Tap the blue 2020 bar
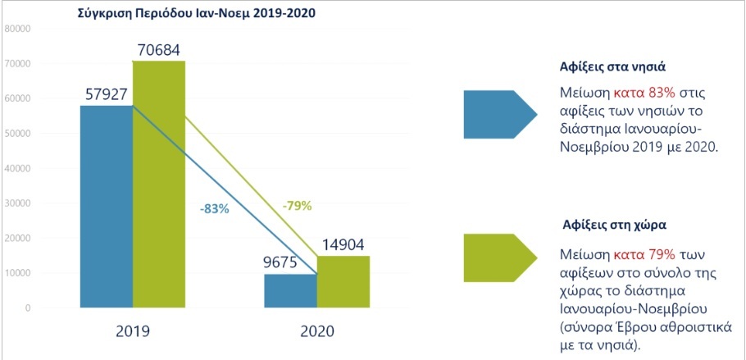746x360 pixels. click(291, 291)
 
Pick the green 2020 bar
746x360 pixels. click(342, 282)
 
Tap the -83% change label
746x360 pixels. click(214, 209)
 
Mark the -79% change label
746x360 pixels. click(296, 205)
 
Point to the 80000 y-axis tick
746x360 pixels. click(17, 29)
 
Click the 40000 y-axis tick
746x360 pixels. click(17, 168)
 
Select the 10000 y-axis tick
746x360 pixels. click(17, 273)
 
